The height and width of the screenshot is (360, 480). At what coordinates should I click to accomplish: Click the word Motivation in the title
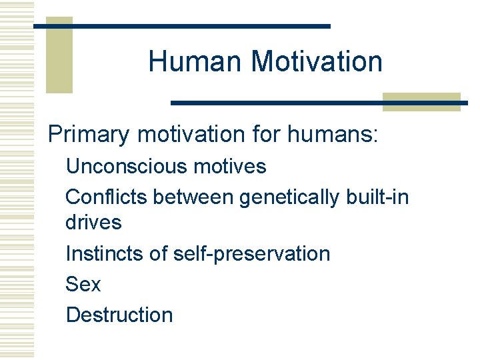[x=317, y=62]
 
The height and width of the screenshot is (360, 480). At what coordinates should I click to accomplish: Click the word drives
[x=93, y=223]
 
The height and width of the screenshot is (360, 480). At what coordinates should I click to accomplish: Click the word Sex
[x=83, y=285]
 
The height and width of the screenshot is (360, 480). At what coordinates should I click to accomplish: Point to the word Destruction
[x=119, y=315]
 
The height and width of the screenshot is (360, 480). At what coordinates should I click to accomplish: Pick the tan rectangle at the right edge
[x=421, y=101]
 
